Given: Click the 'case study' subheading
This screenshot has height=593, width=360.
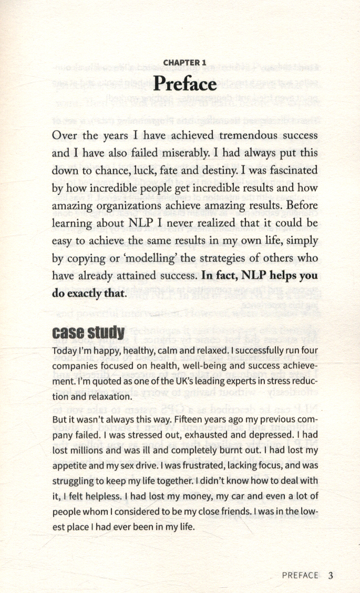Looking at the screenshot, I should [89, 333].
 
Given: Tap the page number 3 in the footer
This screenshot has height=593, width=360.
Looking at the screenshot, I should [331, 575].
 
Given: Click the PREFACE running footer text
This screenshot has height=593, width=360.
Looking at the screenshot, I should [300, 575].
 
